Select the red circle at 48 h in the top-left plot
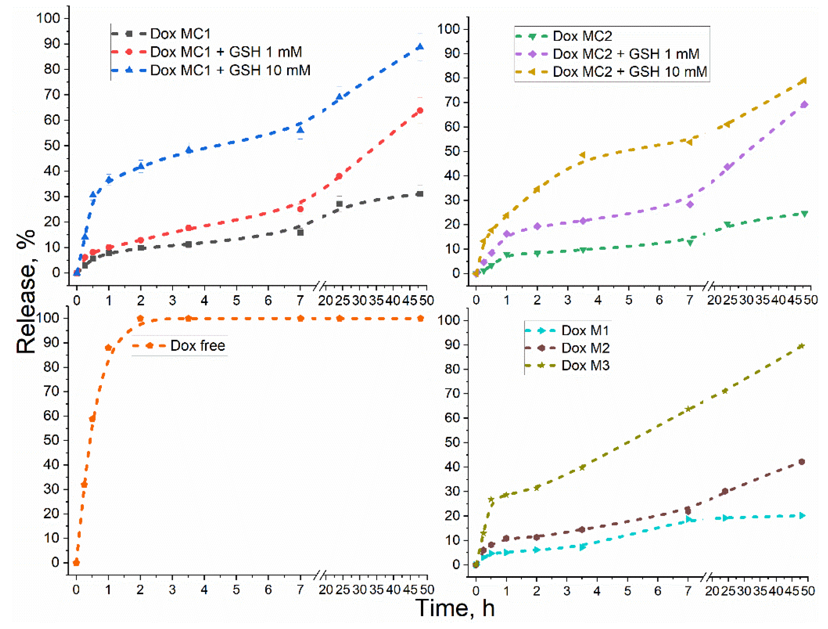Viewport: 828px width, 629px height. click(x=420, y=110)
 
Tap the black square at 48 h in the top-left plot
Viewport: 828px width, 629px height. click(x=420, y=194)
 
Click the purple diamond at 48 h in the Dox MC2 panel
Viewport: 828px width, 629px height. click(x=804, y=105)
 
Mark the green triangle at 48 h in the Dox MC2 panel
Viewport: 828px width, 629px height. click(x=804, y=214)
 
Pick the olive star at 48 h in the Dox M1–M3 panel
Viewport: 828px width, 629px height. click(x=801, y=346)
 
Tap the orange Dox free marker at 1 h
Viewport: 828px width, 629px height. click(x=108, y=348)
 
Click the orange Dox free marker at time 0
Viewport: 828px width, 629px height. click(x=76, y=562)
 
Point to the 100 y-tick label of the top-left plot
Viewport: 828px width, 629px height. click(x=48, y=18)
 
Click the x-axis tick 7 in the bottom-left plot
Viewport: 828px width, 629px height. click(x=300, y=590)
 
